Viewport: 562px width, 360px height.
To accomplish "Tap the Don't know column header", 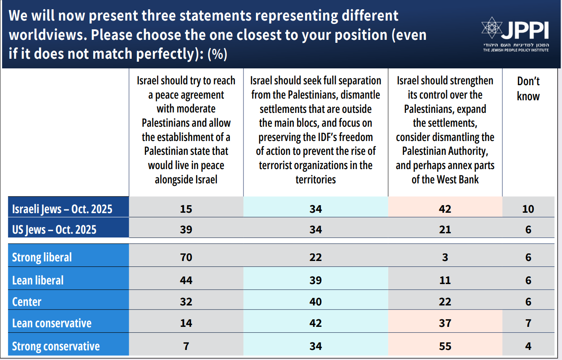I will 528,89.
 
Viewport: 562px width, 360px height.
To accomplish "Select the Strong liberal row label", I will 42,257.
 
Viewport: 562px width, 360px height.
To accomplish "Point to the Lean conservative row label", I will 52,323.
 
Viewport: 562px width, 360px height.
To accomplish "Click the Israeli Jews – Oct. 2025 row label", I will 62,209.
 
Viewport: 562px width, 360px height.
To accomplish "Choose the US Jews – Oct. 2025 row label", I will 54,230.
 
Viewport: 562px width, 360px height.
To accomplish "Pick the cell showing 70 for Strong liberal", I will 186,257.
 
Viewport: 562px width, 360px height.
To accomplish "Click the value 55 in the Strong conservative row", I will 445,346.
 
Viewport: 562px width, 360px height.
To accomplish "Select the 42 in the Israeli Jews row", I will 445,209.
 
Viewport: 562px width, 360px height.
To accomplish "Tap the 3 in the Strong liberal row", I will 445,257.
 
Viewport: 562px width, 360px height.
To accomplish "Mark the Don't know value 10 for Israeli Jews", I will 528,209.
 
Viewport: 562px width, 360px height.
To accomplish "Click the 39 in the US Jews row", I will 186,230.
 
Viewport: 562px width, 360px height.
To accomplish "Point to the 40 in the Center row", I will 315,302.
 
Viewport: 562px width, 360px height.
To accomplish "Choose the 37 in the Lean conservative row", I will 445,323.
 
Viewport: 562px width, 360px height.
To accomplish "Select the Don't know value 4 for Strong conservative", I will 528,346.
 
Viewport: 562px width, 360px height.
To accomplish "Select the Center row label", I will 27,302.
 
